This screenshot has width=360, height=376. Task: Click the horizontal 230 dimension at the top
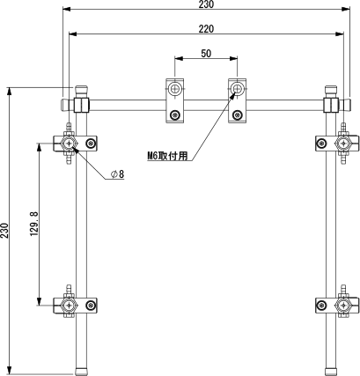pos(206,4)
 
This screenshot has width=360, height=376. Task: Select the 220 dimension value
pos(206,29)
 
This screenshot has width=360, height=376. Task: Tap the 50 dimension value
pos(206,54)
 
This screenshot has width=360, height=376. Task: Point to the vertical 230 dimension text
pos(4,231)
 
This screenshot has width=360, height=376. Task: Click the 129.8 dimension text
pos(34,224)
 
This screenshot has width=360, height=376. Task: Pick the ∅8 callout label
pos(118,174)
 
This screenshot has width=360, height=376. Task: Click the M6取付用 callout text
pos(167,156)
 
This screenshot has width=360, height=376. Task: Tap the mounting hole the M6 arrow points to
pos(237,88)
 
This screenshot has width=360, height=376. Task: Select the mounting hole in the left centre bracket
pos(174,88)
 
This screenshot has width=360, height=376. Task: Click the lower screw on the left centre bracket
pos(175,114)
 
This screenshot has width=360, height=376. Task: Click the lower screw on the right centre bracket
pos(237,114)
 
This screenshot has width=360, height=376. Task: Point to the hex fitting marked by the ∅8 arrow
pos(70,144)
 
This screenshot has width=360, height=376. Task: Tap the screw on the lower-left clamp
pos(92,306)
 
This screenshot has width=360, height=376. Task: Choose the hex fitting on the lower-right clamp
pos(343,306)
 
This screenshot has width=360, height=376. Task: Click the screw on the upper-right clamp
pos(322,144)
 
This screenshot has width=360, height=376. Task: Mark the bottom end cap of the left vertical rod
pos(82,372)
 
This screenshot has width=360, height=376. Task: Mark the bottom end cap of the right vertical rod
pos(331,372)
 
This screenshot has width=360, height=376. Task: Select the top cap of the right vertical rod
pos(331,90)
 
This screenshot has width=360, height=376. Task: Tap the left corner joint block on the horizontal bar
pos(82,105)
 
